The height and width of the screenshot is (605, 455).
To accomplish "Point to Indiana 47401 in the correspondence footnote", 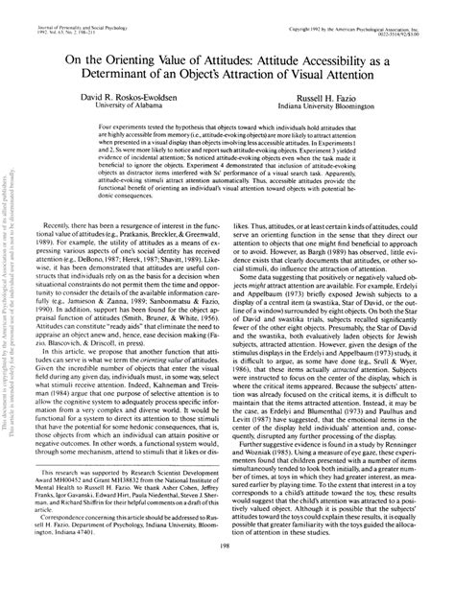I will [x=90, y=558].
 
